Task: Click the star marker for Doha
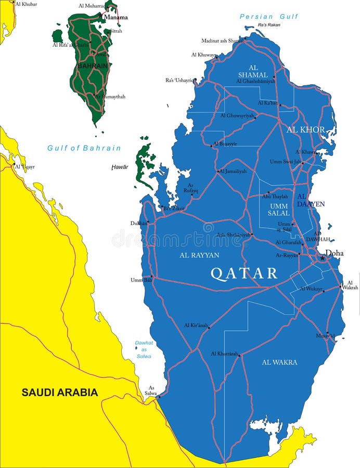coord(323,257)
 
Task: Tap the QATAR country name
coord(244,274)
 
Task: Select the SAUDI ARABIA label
coord(59,393)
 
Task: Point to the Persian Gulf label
coord(269,17)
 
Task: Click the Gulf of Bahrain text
coord(84,148)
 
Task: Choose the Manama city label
coord(115,17)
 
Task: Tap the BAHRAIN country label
coord(93,66)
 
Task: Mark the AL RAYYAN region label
coord(199,255)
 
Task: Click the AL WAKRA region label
coord(279,362)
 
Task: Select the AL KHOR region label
coord(305,129)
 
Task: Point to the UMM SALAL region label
coord(279,210)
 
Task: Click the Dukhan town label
coord(138,223)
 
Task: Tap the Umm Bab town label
coord(140,280)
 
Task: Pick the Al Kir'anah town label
coord(196,325)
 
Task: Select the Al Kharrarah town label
coord(224,354)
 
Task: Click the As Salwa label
coord(151,391)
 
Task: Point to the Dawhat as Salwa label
coord(144,349)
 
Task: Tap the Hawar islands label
coord(120,167)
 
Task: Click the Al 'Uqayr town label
coord(24,166)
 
